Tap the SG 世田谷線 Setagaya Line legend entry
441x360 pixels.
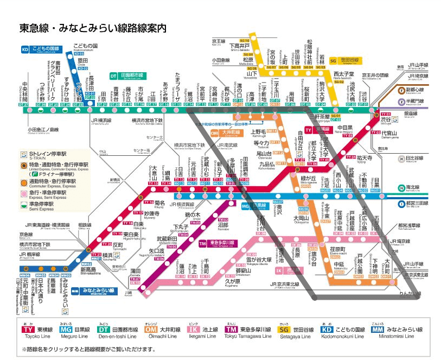296,331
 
